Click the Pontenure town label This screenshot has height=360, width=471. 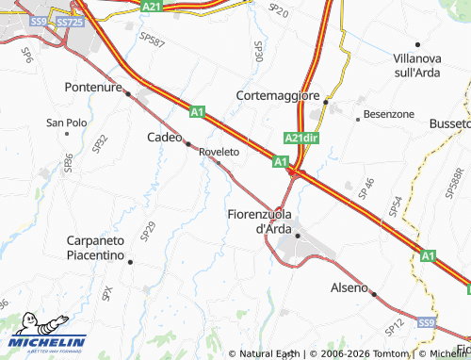click(94, 87)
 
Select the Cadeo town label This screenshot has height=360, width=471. click(163, 138)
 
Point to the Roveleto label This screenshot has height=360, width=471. click(219, 151)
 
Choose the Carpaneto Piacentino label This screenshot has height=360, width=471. click(108, 248)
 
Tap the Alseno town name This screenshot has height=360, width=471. click(349, 287)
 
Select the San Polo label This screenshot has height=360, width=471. click(67, 123)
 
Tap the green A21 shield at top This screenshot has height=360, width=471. click(152, 6)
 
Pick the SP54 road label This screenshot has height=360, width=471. click(397, 205)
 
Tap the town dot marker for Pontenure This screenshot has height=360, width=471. click(127, 93)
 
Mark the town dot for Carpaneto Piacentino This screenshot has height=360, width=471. click(130, 261)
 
